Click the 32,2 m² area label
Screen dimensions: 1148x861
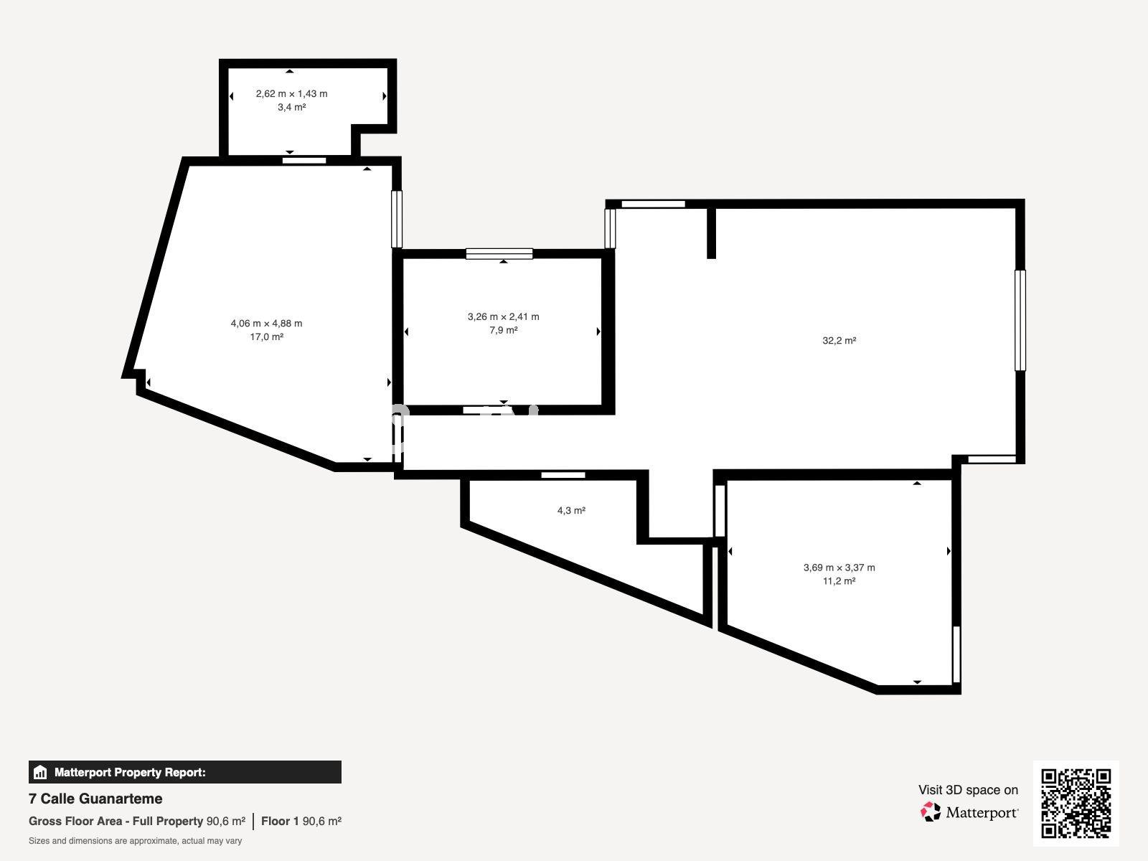[x=839, y=341]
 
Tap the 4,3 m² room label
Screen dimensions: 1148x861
[x=571, y=510]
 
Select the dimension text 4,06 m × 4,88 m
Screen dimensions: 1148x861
[x=266, y=324]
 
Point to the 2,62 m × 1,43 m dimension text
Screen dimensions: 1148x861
[x=291, y=94]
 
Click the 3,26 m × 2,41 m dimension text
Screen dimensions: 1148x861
[x=503, y=317]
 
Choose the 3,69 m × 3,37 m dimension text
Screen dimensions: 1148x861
[x=839, y=568]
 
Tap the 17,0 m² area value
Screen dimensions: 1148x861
[x=266, y=337]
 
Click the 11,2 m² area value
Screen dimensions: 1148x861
[x=839, y=581]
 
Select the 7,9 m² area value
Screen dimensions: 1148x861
[x=503, y=330]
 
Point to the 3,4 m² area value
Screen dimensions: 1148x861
[x=291, y=108]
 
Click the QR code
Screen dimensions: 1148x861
[x=1076, y=804]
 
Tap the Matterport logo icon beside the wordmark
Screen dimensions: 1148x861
[x=931, y=812]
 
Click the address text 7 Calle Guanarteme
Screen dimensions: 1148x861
[x=95, y=799]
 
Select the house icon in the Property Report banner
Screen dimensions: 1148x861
[x=40, y=772]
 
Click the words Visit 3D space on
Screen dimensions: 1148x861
[x=968, y=790]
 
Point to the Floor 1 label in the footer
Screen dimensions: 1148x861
[x=280, y=822]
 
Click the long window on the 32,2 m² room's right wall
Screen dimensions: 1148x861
[x=1020, y=321]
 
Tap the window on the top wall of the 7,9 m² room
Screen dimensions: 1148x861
[x=499, y=254]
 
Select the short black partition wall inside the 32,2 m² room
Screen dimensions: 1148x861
[x=711, y=233]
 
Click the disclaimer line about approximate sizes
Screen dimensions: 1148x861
[x=135, y=841]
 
